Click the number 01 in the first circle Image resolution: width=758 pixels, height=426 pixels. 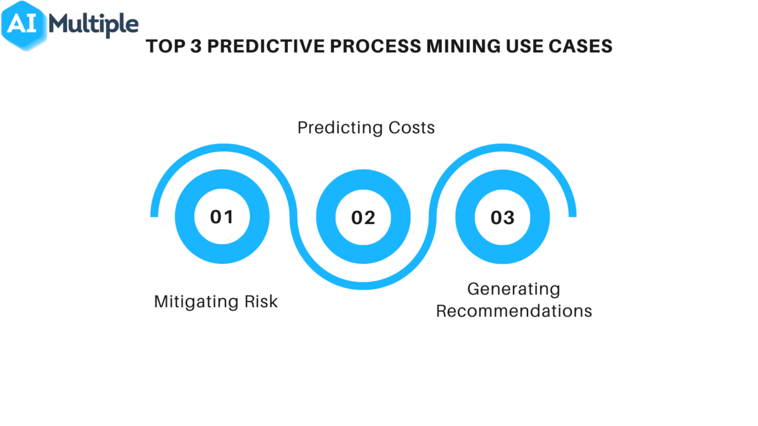[x=222, y=217]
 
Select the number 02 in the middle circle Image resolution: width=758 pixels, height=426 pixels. [x=363, y=218]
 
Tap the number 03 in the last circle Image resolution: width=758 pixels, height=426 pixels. [x=502, y=218]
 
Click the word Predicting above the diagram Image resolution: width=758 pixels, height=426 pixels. [x=335, y=128]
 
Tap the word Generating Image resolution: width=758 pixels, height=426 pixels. [x=514, y=289]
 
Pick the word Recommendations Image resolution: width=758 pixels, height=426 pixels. [x=514, y=311]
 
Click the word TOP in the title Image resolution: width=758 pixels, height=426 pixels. [x=164, y=47]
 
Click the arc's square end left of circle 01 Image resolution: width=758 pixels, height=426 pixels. [x=154, y=213]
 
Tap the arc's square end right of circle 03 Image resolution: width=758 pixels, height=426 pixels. [x=572, y=213]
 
